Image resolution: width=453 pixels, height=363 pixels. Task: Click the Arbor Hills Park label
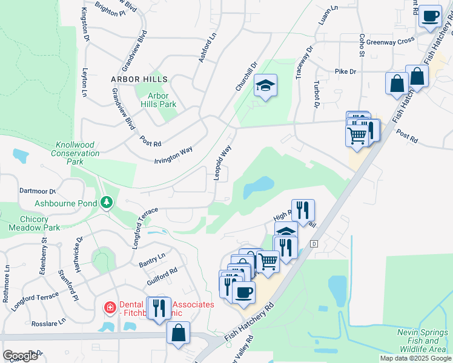(x=158, y=100)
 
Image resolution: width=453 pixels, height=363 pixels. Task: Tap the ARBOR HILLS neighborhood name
(x=139, y=79)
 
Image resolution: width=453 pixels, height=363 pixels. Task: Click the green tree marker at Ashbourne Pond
(x=107, y=202)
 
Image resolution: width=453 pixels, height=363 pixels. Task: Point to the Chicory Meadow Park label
(x=35, y=223)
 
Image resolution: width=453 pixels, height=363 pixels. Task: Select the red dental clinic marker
(x=110, y=307)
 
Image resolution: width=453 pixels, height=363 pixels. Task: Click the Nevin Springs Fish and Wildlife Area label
(x=422, y=341)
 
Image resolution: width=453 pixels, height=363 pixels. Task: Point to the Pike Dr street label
(x=345, y=71)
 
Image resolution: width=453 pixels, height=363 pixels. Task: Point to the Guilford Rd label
(x=162, y=278)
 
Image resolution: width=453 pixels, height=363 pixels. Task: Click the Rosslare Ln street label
(x=49, y=321)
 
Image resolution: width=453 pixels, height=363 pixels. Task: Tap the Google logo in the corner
(x=19, y=355)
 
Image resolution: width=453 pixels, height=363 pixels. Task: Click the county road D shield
(x=314, y=243)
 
